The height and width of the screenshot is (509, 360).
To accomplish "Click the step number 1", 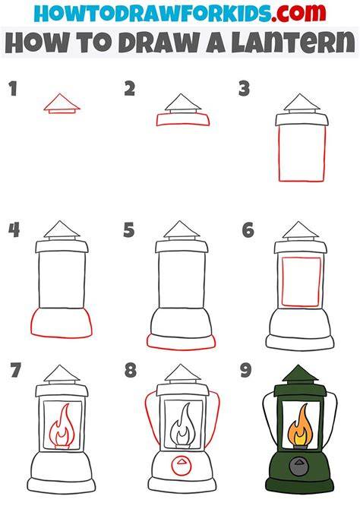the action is (13, 89).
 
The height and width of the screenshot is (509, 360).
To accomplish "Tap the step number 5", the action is (129, 230).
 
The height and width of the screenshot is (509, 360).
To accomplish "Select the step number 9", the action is (246, 370).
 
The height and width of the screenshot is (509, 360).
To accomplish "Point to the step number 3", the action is (244, 89).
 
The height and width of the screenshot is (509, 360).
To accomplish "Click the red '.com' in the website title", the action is (298, 12).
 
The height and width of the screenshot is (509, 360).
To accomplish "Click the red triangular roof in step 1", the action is (62, 102).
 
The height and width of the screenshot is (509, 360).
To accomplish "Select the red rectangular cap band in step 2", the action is (183, 119).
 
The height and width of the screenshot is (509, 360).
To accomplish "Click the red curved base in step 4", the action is (62, 324).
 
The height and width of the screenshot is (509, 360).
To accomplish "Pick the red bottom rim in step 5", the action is (181, 342).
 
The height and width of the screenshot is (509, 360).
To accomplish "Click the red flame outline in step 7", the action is (62, 425).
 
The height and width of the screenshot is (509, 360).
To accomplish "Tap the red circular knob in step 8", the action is (182, 466).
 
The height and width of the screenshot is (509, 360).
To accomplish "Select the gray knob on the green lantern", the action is (299, 466).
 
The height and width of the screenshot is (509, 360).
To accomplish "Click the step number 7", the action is (15, 370).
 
